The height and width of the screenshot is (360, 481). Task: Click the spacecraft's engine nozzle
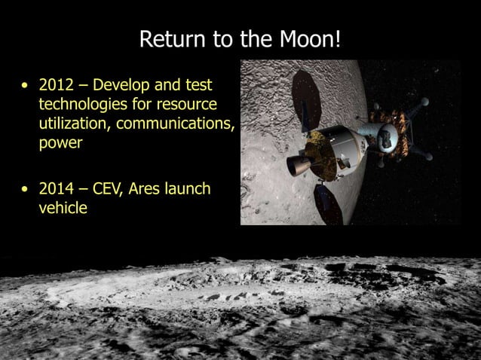[x=293, y=163]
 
